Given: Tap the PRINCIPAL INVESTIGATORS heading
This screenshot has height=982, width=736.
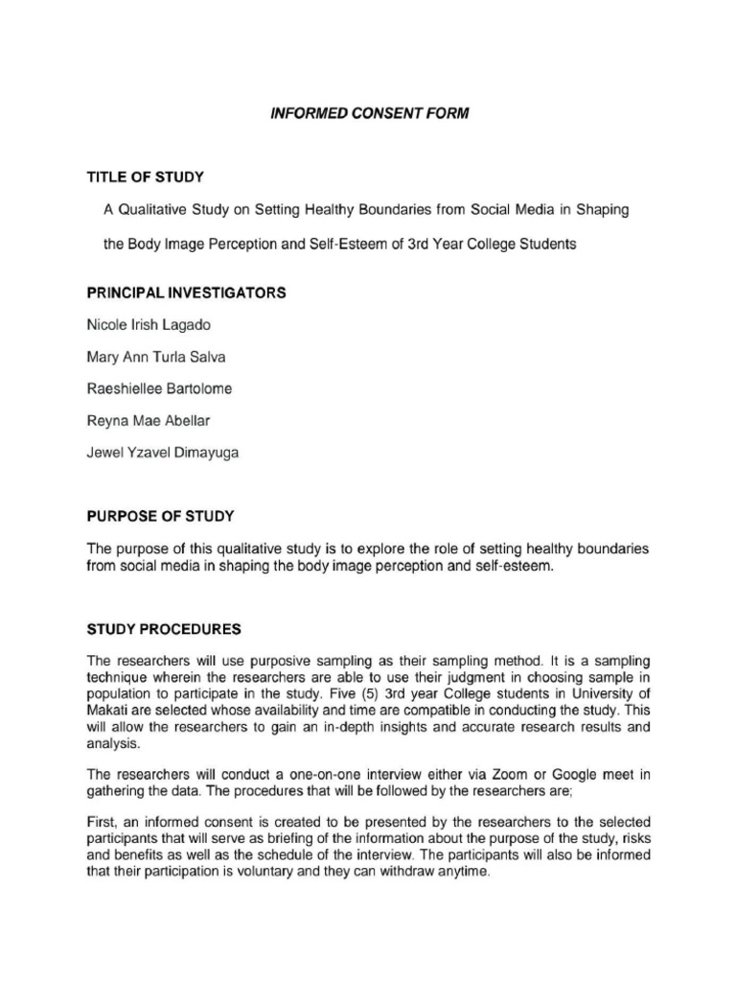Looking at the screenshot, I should coord(187,292).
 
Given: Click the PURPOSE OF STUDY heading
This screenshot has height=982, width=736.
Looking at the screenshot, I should coord(161,516).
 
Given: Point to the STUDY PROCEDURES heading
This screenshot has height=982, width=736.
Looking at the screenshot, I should coord(164,629).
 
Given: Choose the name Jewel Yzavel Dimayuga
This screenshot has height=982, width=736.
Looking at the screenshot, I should coord(162,453).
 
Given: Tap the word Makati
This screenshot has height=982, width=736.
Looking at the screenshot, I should coord(110,711).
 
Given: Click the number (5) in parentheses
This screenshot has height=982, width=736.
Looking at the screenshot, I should coord(380,694).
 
